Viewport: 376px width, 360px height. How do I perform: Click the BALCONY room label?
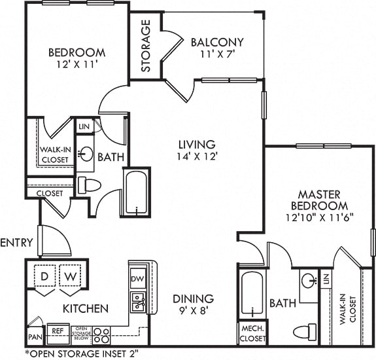click(218, 43)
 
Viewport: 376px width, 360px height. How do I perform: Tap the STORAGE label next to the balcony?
click(146, 45)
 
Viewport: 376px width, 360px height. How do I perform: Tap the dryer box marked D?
click(44, 276)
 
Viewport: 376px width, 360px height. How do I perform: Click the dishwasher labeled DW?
click(137, 278)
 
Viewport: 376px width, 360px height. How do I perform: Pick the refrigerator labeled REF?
click(57, 331)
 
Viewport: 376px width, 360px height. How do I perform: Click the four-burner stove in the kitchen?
click(101, 335)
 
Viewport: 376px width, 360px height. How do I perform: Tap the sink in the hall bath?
click(86, 154)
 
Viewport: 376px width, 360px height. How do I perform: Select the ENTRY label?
click(16, 242)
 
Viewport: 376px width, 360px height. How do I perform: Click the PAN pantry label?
click(35, 337)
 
